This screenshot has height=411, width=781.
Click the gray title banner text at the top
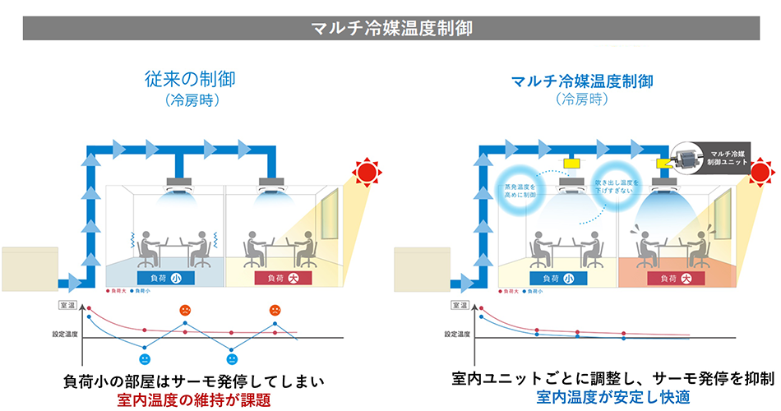point(390,26)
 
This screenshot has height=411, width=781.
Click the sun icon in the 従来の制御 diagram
point(366,172)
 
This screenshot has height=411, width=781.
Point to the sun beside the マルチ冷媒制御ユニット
point(759,173)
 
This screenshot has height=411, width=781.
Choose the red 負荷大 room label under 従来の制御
point(281,278)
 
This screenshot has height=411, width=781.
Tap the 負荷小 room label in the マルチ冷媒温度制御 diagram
point(557,278)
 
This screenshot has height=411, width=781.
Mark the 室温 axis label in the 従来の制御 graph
point(65,305)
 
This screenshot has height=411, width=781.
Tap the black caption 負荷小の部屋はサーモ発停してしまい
point(195,381)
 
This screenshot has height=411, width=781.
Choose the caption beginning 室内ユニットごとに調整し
point(612,379)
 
